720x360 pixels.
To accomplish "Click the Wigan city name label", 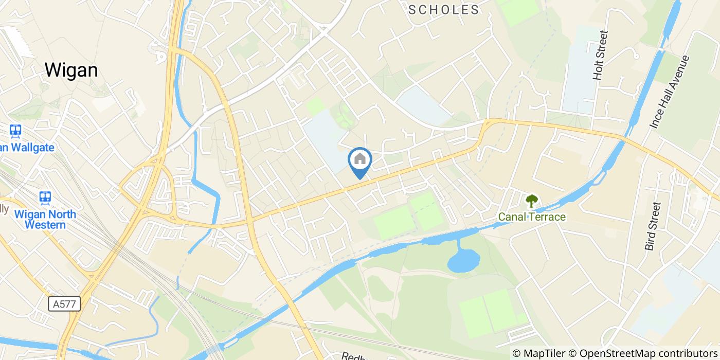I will click(x=71, y=70).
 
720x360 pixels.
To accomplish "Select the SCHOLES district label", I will click(x=444, y=9).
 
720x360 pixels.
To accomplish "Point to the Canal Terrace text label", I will click(x=531, y=217).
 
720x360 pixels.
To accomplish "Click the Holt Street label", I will click(x=600, y=55).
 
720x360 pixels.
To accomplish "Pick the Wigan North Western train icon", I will click(x=45, y=197).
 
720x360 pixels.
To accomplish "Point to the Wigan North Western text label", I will click(x=45, y=220).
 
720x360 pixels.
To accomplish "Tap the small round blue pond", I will click(x=463, y=261).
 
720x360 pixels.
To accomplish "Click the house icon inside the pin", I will click(x=360, y=159).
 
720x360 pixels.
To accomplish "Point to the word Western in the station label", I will click(x=47, y=225).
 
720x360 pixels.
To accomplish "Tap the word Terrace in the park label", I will click(x=548, y=217).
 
